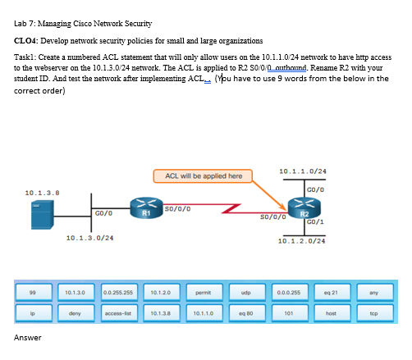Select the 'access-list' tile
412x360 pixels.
[x=121, y=312]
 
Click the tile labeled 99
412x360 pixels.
[x=30, y=292]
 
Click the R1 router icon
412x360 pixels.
[x=144, y=207]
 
